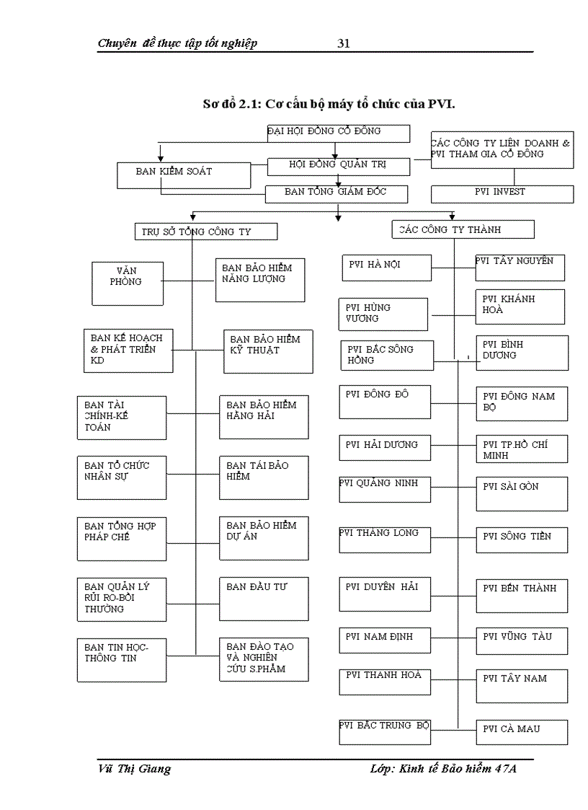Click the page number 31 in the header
(344, 43)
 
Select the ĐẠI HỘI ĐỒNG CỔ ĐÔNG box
(338, 133)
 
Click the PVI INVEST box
(502, 194)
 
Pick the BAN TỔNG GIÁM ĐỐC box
(337, 194)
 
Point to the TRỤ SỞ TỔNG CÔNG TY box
(205, 232)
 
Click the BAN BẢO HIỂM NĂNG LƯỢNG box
(260, 280)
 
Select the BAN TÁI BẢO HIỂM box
(264, 477)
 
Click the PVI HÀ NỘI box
(386, 267)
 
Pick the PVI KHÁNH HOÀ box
(520, 307)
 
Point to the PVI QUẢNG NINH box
(385, 489)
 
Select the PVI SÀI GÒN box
(521, 493)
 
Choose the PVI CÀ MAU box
(521, 731)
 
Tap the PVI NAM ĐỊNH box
(386, 639)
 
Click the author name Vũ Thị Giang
(134, 769)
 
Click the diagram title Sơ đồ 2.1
(329, 104)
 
